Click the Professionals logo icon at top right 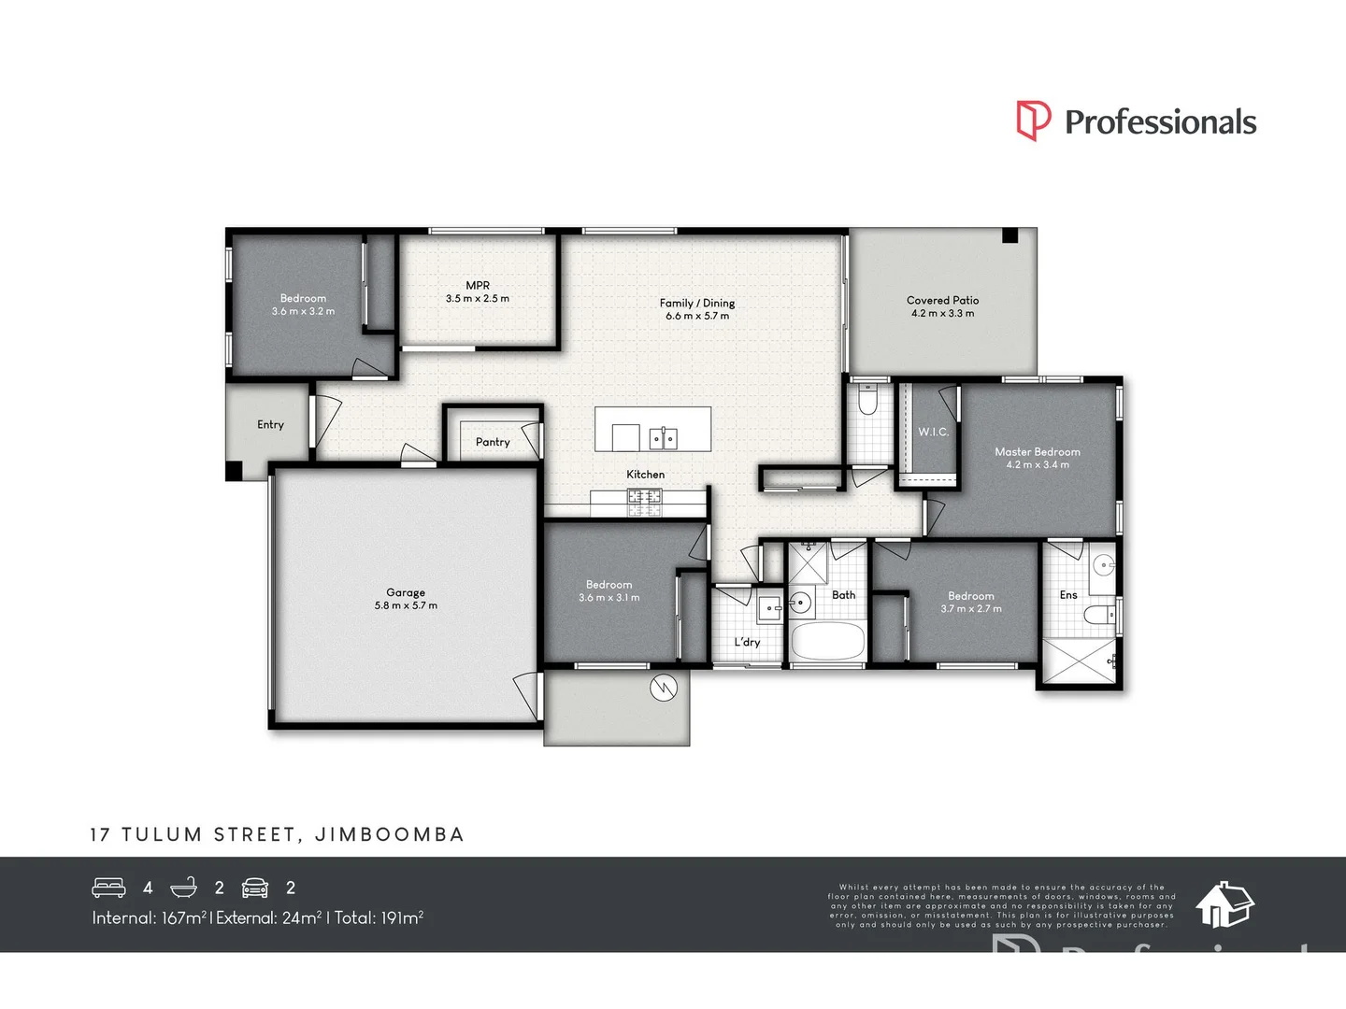1034,121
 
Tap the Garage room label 406,592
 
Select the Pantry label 493,442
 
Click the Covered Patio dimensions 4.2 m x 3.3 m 942,314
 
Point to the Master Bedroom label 1037,451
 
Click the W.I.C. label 933,432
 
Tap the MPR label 478,285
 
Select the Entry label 270,424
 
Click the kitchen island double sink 664,437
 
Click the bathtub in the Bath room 828,642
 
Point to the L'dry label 747,642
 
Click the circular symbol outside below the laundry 663,688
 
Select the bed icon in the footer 108,888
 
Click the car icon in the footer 255,888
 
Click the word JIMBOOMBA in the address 389,834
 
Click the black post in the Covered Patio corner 1009,235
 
